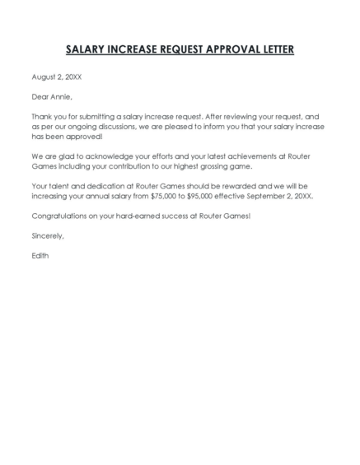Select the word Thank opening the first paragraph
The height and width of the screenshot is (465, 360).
(41, 116)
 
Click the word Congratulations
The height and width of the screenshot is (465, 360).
(61, 216)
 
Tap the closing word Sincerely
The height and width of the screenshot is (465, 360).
(47, 235)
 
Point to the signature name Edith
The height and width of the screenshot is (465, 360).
(40, 255)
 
